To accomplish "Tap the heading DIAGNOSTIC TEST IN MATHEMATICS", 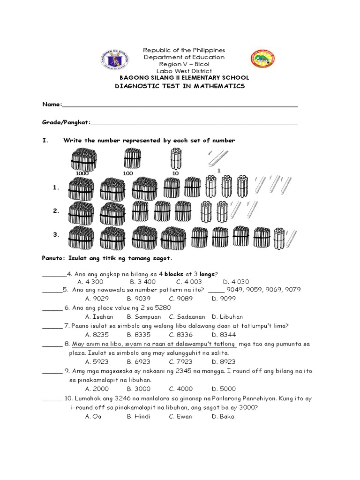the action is pyautogui.click(x=180, y=86).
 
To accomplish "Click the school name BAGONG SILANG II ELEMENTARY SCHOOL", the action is pyautogui.click(x=184, y=78).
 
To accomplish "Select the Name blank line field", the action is pyautogui.click(x=180, y=105).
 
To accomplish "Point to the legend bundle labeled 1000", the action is pyautogui.click(x=83, y=159).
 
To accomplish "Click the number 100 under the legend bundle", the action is pyautogui.click(x=128, y=173).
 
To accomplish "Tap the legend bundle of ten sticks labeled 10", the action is pyautogui.click(x=176, y=158).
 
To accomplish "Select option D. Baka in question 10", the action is pyautogui.click(x=223, y=416).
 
